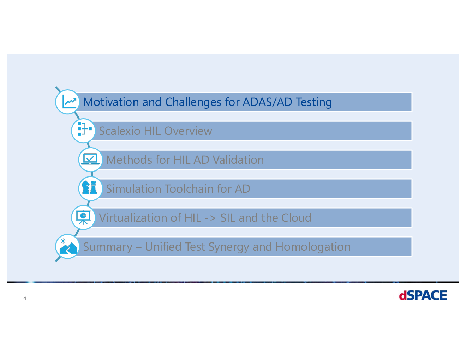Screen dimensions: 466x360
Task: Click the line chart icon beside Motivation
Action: tap(69, 102)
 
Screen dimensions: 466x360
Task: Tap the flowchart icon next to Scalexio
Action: tap(85, 129)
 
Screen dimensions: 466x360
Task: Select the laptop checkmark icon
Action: tap(90, 159)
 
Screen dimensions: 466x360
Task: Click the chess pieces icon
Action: tap(90, 187)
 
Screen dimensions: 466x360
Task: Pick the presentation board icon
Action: tap(83, 217)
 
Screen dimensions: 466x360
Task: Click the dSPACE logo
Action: tap(423, 295)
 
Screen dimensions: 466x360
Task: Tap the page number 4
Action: tap(25, 298)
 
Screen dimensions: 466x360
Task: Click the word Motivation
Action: tap(111, 102)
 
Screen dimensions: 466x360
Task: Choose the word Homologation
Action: tap(313, 247)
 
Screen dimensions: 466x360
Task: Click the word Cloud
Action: tap(296, 218)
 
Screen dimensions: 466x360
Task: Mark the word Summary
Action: tap(108, 247)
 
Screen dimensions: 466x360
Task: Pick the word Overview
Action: tap(188, 131)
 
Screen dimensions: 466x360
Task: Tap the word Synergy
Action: tap(229, 247)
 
